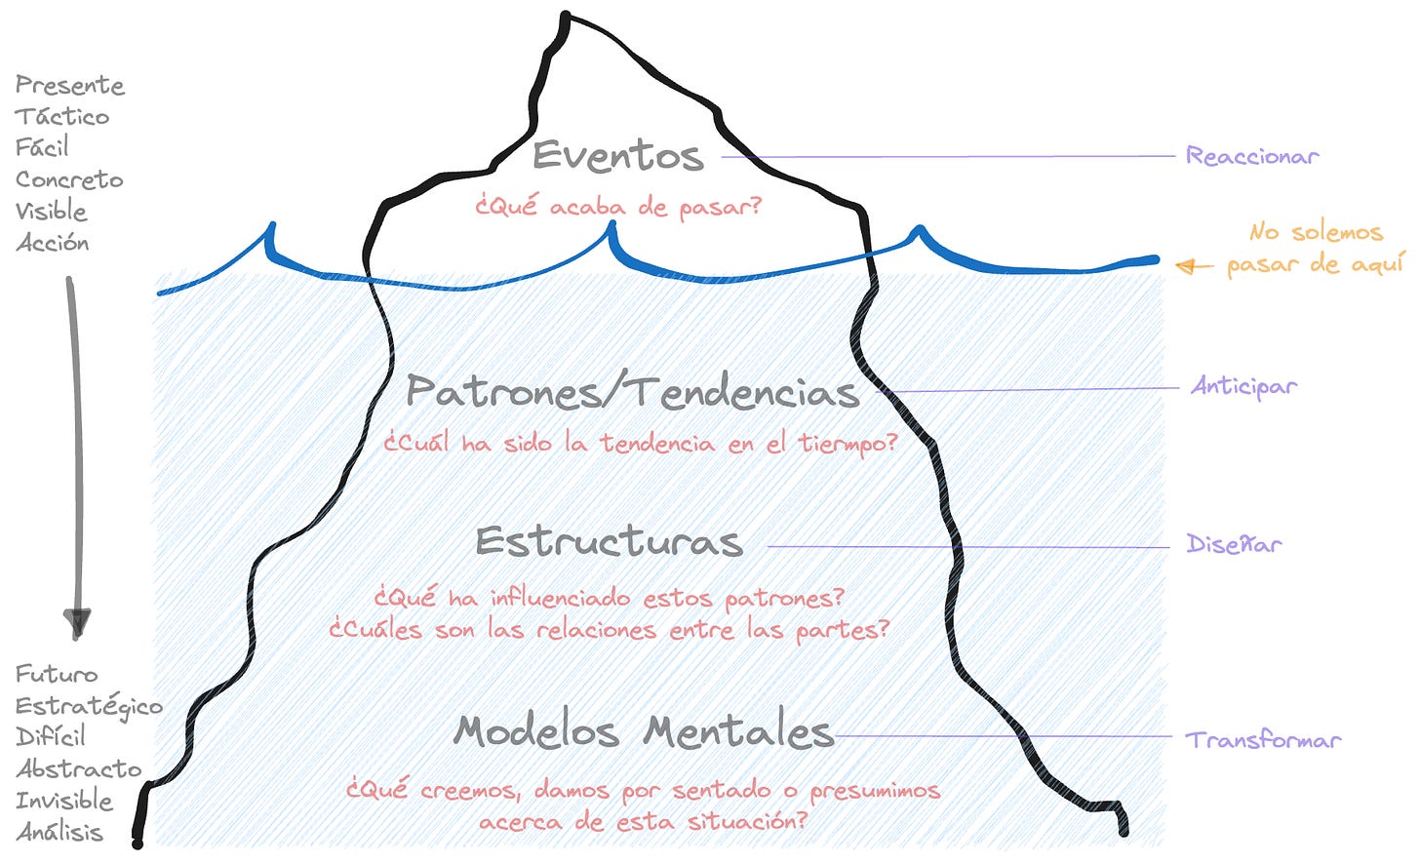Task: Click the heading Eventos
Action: tap(617, 156)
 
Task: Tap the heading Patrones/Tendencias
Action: tap(632, 392)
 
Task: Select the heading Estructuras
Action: tap(609, 542)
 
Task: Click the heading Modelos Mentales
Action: tap(644, 731)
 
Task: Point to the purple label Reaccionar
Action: tap(1251, 156)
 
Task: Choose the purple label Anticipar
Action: tap(1243, 387)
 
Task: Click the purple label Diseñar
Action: tap(1234, 544)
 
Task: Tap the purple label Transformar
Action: tap(1263, 740)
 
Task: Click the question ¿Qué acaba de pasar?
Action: tap(617, 207)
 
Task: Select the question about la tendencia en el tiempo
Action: tap(640, 444)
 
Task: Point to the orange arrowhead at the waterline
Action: tap(1185, 265)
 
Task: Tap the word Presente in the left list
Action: tap(70, 86)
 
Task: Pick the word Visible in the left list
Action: tap(52, 212)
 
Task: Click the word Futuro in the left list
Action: tap(57, 674)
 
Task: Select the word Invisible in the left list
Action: tap(64, 801)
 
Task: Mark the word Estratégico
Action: tap(89, 707)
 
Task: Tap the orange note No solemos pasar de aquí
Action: tap(1315, 248)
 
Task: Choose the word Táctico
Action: tap(62, 117)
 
